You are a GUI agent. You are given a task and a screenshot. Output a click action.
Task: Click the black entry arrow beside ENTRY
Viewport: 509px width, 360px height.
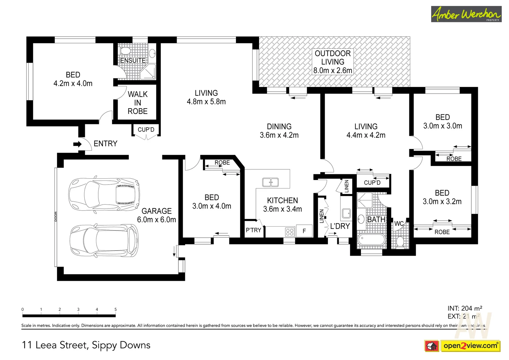click(77, 144)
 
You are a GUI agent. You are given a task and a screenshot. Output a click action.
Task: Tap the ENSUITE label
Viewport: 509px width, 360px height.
click(133, 60)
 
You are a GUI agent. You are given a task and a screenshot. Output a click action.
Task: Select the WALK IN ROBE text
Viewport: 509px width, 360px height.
click(137, 103)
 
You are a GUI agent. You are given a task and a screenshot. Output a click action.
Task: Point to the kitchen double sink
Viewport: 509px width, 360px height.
click(270, 182)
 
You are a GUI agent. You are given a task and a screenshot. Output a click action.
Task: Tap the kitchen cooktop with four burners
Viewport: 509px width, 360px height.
click(290, 232)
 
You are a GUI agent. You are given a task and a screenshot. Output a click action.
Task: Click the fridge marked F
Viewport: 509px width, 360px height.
click(304, 231)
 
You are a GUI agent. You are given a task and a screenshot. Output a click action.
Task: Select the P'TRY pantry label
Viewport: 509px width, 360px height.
click(253, 230)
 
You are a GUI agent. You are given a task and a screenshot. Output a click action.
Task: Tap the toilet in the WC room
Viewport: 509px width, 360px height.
click(400, 241)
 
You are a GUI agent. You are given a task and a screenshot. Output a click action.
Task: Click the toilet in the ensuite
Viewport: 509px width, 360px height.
click(125, 51)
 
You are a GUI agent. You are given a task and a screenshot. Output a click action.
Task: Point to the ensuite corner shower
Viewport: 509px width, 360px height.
click(148, 72)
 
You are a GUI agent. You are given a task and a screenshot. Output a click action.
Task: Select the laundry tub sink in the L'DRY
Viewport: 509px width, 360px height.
click(346, 213)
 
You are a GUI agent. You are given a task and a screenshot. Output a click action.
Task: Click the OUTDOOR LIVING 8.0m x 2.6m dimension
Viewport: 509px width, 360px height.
click(332, 70)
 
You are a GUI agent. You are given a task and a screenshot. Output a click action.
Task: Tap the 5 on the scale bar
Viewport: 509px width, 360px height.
click(116, 309)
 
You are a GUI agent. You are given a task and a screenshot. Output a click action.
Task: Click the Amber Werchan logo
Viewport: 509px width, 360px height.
click(466, 14)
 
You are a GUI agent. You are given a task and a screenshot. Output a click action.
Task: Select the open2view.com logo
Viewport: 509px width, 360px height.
click(470, 346)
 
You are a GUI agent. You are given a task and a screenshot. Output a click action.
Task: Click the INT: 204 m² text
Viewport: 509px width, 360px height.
click(465, 308)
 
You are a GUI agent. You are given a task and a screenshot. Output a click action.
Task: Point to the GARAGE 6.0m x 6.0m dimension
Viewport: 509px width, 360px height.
click(156, 220)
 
